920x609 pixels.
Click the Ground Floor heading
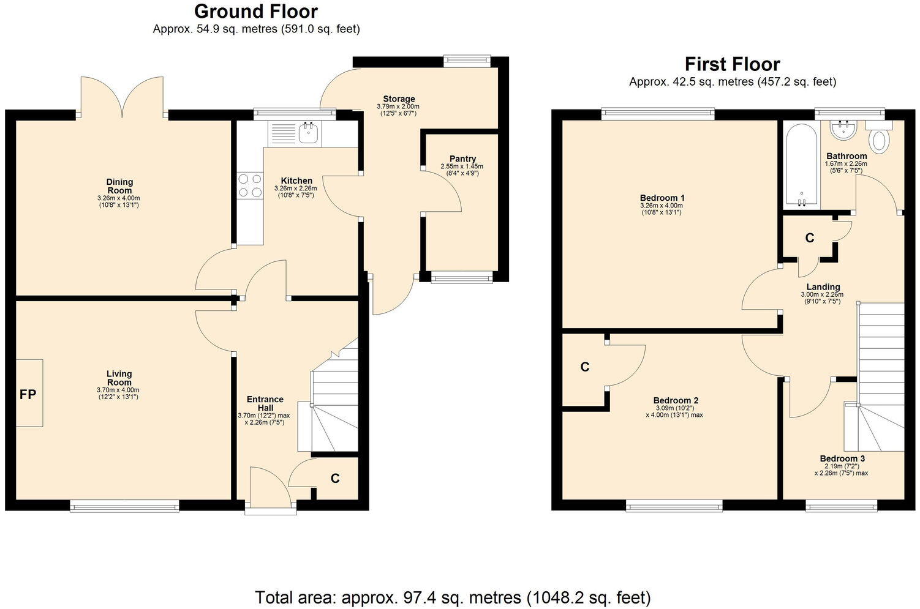(255, 12)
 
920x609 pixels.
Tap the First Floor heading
(732, 64)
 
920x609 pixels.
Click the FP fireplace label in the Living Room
(28, 394)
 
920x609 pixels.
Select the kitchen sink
(307, 132)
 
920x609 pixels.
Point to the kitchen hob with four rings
(249, 185)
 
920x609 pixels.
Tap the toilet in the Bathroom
(880, 140)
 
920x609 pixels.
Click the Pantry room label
(462, 159)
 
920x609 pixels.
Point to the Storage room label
(399, 99)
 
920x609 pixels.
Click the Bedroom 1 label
(662, 198)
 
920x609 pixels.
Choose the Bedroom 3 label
(842, 458)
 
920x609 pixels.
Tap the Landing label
(823, 286)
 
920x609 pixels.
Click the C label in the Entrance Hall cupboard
(335, 479)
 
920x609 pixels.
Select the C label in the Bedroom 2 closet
(585, 367)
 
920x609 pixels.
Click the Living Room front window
(124, 506)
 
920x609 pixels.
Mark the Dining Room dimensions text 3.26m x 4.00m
(118, 198)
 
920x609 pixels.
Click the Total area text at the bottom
(452, 597)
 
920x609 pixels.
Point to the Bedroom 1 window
(658, 112)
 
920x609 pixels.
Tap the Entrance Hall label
(265, 403)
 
